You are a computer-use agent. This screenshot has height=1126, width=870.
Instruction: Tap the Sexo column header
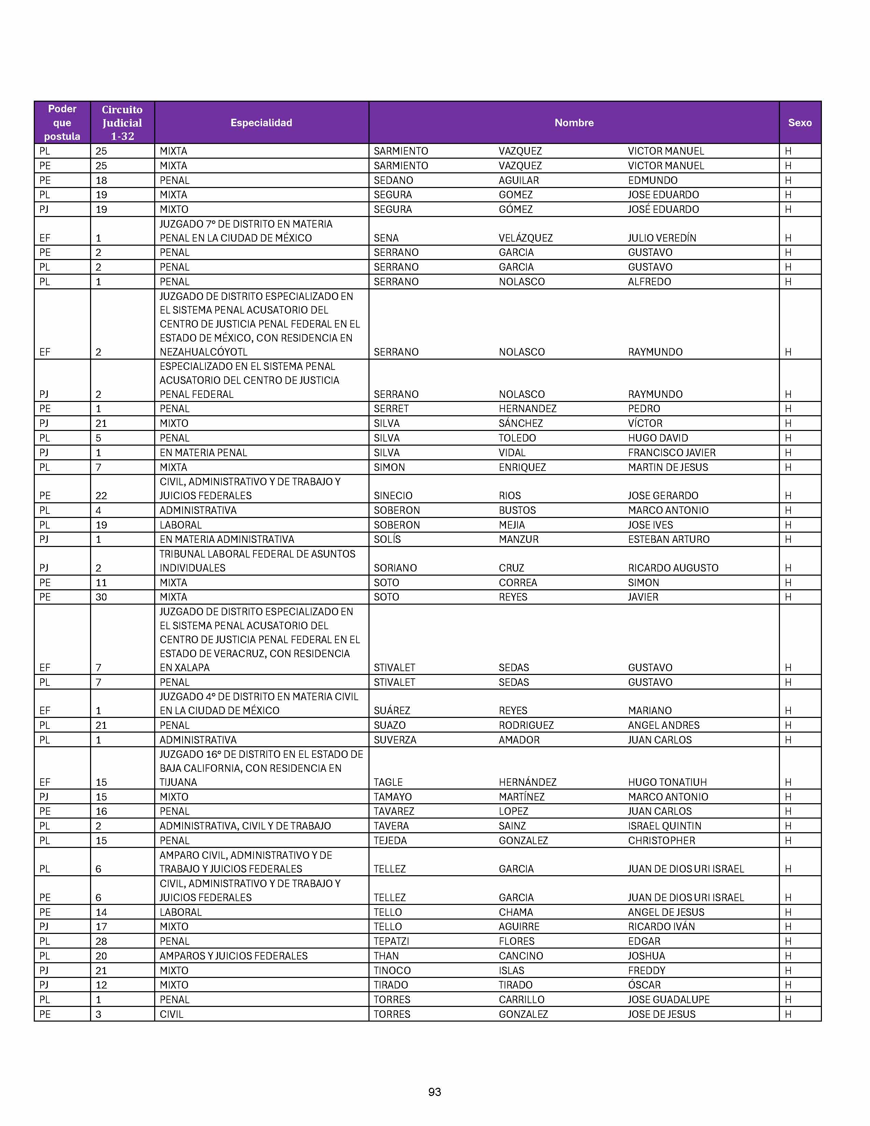click(x=799, y=123)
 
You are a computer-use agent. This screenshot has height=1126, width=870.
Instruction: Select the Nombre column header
click(x=574, y=123)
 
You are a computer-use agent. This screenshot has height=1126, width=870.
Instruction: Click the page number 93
click(x=434, y=1092)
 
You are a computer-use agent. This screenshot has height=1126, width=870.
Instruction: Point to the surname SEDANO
click(x=393, y=181)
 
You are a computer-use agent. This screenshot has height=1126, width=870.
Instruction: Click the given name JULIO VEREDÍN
click(x=662, y=238)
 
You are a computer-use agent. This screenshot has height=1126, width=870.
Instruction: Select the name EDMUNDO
click(x=652, y=181)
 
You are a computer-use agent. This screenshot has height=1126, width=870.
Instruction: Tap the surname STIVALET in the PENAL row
click(x=394, y=682)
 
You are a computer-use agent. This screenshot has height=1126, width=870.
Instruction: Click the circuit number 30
click(x=101, y=597)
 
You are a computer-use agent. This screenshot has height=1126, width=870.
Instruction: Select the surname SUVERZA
click(x=395, y=740)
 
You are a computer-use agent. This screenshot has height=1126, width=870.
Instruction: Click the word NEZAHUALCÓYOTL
click(x=204, y=352)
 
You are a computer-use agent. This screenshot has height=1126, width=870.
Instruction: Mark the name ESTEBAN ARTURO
click(x=668, y=539)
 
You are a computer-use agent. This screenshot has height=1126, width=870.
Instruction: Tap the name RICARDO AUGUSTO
click(x=672, y=568)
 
